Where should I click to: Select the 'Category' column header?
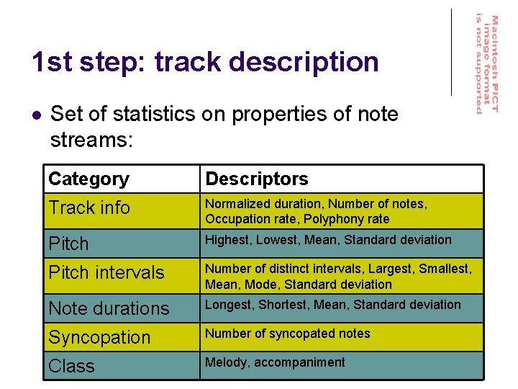tap(88, 179)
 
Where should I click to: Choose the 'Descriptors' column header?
tap(256, 179)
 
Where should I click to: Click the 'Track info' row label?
tap(89, 208)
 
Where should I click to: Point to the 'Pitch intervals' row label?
tap(106, 273)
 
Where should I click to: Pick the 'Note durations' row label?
tap(109, 308)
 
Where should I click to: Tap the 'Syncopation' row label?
tap(99, 337)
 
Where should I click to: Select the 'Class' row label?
tap(71, 366)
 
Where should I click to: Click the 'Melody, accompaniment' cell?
tap(275, 362)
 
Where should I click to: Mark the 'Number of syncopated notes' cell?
tap(287, 334)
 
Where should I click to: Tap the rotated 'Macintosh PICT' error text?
tap(495, 63)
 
